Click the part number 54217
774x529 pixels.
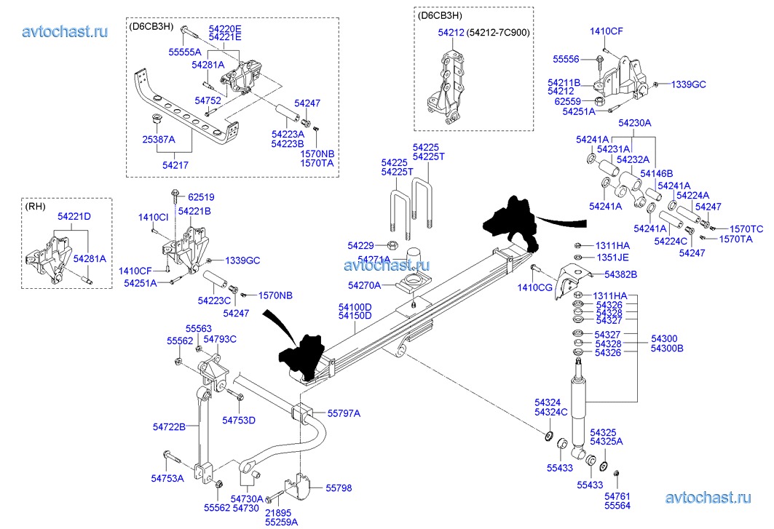coord(175,165)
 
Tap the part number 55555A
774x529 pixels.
coord(184,52)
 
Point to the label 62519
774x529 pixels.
coord(201,197)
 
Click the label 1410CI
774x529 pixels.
coord(153,218)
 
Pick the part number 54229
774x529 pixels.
coord(360,245)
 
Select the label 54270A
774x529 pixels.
coord(365,285)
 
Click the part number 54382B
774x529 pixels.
coord(620,274)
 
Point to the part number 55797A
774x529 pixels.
coord(344,413)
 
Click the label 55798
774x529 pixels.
coord(339,488)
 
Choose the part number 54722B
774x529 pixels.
coord(169,426)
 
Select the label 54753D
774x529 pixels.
coord(239,420)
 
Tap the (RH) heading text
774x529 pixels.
coord(35,206)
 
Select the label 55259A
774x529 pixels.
coord(281,522)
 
